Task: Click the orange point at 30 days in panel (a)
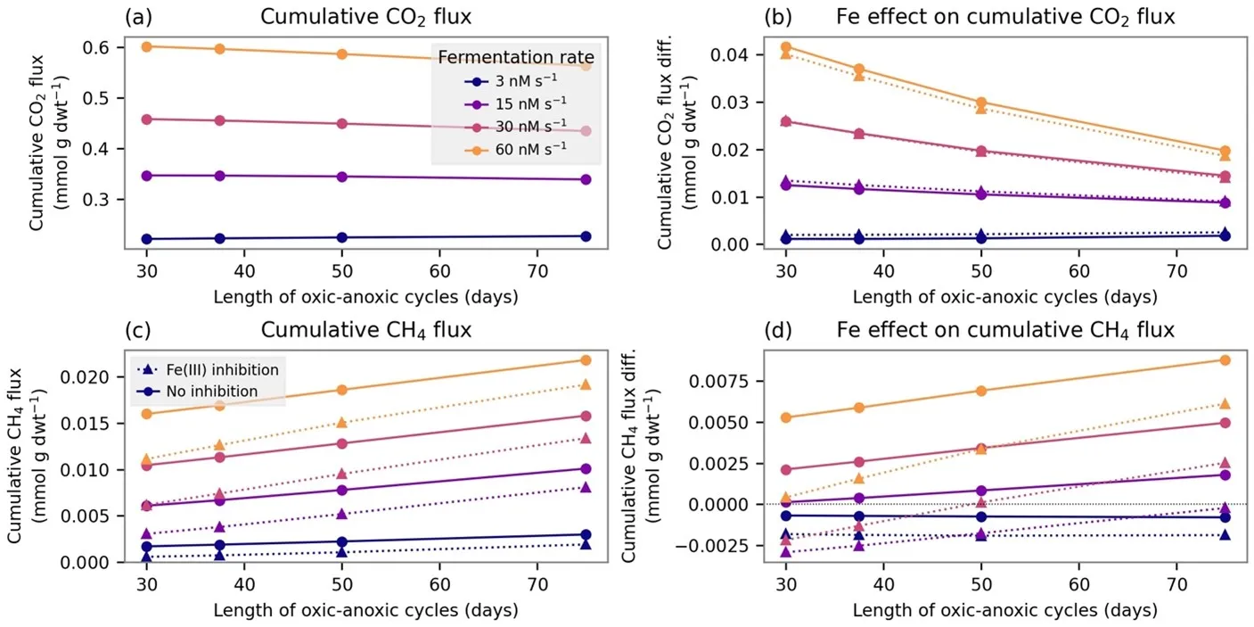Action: pos(146,46)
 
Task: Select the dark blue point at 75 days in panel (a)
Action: pos(586,236)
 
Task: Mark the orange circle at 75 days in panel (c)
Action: pos(586,360)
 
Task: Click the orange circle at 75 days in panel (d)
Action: pos(1225,360)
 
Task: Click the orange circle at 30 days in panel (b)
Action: pos(785,47)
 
